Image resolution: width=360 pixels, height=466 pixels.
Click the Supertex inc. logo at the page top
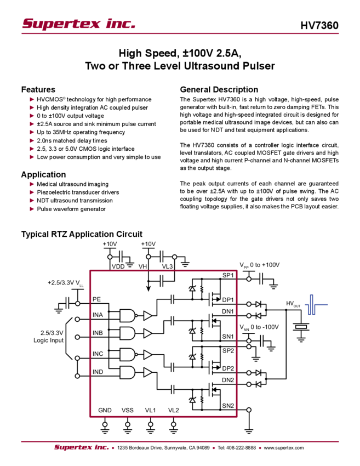78,24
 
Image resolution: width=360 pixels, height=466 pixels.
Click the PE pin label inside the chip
97,300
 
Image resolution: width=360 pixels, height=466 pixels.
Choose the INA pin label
98,315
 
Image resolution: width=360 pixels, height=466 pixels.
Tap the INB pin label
98,333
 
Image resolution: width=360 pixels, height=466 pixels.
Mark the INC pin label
98,354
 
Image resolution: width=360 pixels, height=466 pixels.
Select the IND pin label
98,372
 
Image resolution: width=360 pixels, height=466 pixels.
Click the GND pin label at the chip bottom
105,410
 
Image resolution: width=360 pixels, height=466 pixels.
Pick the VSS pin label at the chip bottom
127,410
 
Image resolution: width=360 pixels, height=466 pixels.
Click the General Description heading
218,89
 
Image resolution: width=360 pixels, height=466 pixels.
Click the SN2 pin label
227,406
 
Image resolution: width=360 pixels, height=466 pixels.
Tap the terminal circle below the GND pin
105,424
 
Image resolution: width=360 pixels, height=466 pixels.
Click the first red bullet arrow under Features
32,100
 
